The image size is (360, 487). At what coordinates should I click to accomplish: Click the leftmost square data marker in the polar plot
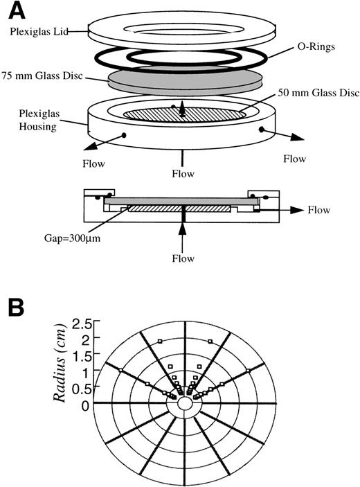(120, 371)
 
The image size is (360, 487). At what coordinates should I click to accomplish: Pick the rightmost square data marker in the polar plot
(248, 371)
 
